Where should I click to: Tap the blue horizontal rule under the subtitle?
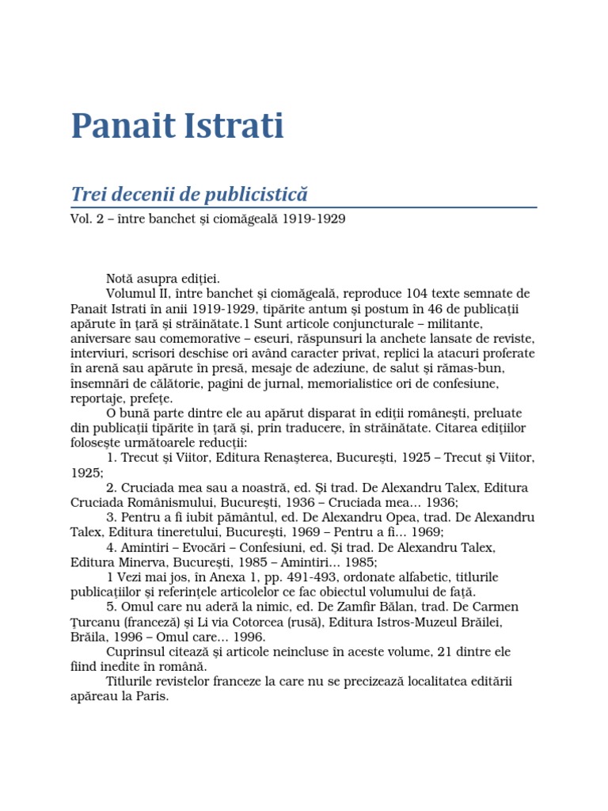(x=304, y=208)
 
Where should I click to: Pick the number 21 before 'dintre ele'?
(x=450, y=653)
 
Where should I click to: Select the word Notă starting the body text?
(x=121, y=279)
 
